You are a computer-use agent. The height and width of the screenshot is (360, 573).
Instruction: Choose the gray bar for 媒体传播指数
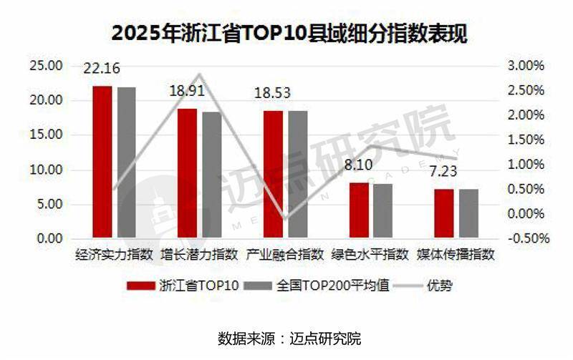point(468,213)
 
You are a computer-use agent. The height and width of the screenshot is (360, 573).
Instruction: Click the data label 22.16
point(102,69)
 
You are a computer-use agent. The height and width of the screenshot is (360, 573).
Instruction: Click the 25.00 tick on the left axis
point(46,66)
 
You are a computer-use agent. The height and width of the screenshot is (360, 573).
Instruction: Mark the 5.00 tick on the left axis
point(49,205)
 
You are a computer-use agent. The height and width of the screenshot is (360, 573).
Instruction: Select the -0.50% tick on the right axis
point(526,238)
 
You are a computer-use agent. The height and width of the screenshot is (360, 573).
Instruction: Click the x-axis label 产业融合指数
point(285,254)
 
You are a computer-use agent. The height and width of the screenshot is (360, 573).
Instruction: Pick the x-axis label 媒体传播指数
point(456,254)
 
